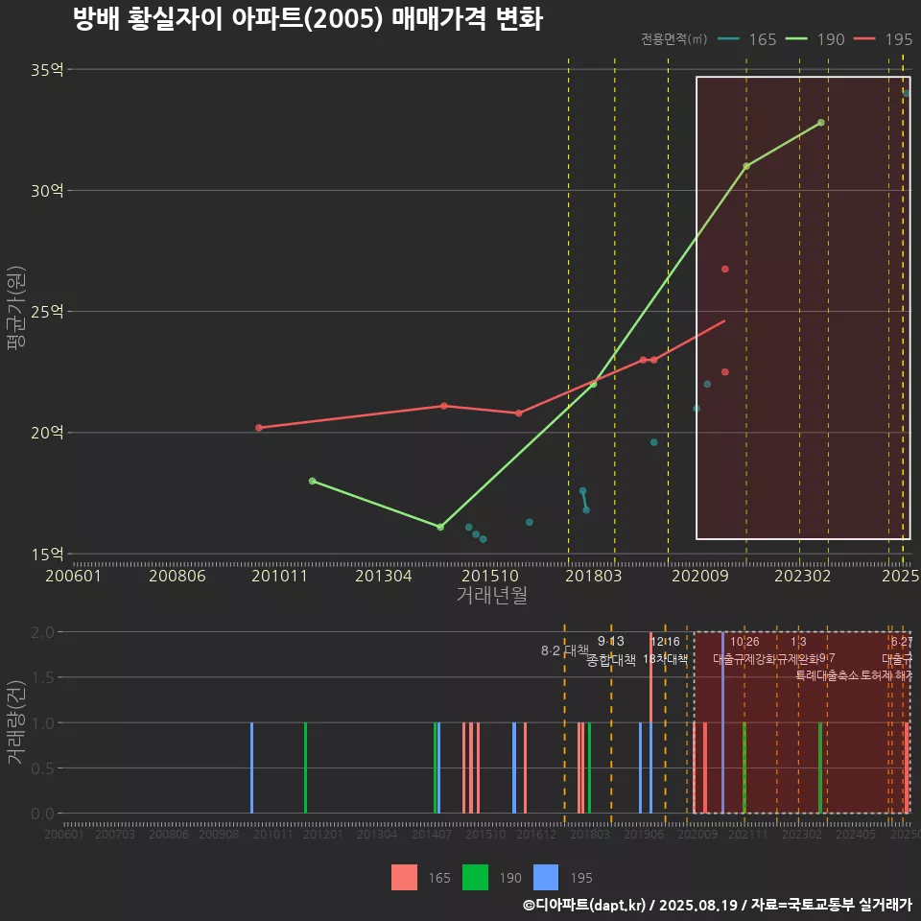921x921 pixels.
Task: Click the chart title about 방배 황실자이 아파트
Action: click(307, 19)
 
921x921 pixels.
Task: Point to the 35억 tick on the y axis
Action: click(46, 70)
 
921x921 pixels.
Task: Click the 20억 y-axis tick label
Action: click(46, 433)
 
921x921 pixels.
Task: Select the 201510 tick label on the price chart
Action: click(484, 577)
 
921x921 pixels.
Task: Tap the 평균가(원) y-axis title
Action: click(15, 313)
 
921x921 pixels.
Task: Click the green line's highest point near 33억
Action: click(821, 123)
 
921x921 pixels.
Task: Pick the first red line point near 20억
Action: click(259, 428)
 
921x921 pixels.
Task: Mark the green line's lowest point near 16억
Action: click(440, 527)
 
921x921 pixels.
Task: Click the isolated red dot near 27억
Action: click(725, 270)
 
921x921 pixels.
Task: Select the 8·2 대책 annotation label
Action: click(565, 650)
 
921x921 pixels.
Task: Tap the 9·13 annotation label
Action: click(610, 641)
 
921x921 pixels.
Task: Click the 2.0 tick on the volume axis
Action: click(41, 632)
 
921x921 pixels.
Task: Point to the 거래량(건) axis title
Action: click(15, 722)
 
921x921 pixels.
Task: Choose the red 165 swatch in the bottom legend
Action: click(404, 878)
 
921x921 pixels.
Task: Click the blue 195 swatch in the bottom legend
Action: click(546, 878)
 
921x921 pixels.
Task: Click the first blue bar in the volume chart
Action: click(252, 767)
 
